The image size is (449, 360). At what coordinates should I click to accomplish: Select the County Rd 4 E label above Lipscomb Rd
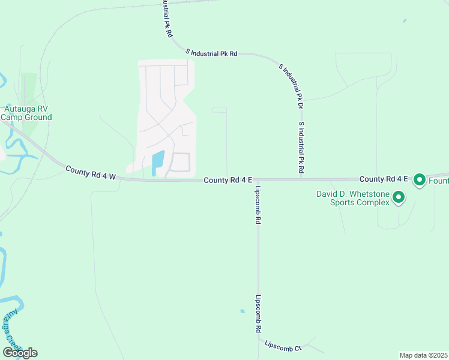(x=228, y=180)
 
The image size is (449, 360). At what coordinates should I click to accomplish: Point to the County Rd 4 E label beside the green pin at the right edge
(x=384, y=179)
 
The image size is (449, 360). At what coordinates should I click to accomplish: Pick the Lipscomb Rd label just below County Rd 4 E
(x=258, y=205)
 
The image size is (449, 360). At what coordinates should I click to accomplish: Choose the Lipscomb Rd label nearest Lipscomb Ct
(x=258, y=313)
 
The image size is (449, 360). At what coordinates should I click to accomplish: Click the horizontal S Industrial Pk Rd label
(x=211, y=53)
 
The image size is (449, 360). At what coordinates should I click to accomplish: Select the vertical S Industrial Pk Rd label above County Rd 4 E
(x=301, y=148)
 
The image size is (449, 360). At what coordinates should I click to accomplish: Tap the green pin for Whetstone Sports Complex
(x=397, y=197)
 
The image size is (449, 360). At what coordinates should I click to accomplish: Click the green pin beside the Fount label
(x=420, y=179)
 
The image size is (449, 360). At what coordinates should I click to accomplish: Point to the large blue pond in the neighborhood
(x=158, y=162)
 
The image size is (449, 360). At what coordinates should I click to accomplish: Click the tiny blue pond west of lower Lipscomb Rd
(x=242, y=311)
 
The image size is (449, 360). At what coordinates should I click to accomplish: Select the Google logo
(x=20, y=352)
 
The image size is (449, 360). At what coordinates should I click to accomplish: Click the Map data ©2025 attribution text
(x=423, y=355)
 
